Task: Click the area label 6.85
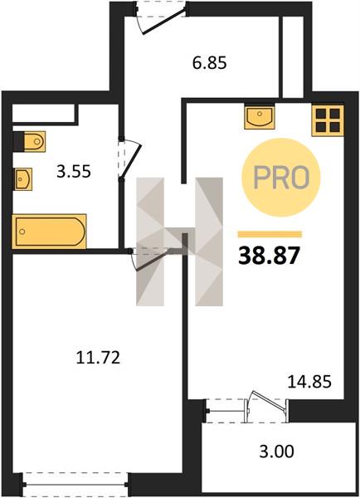(210, 62)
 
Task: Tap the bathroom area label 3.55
(74, 172)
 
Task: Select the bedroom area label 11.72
(99, 358)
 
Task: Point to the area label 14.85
(309, 382)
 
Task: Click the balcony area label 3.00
(276, 452)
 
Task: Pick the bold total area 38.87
(269, 256)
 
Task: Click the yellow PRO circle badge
(281, 178)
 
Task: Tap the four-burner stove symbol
(328, 120)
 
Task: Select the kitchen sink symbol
(260, 118)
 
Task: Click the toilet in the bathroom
(29, 141)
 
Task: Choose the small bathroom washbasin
(23, 178)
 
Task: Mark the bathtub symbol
(50, 232)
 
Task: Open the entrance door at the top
(160, 17)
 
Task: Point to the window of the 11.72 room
(75, 485)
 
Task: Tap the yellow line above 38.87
(270, 234)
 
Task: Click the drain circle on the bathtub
(22, 232)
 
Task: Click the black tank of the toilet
(18, 141)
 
